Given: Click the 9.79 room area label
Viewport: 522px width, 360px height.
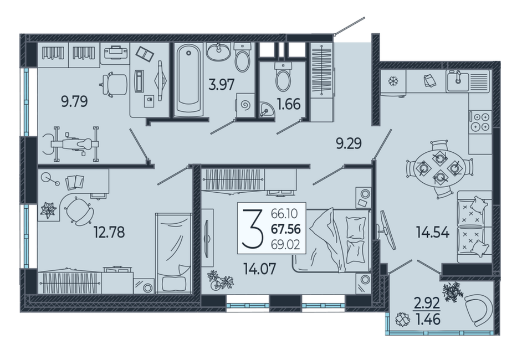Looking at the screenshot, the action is click(75, 101).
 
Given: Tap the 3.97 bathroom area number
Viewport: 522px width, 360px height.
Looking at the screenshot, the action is click(222, 85).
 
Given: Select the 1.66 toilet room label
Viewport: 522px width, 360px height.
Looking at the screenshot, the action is click(289, 104).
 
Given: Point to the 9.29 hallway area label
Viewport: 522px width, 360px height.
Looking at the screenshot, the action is click(349, 143).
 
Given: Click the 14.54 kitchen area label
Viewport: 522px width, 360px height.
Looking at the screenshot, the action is click(433, 232).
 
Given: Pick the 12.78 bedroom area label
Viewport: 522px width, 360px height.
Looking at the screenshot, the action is click(109, 232).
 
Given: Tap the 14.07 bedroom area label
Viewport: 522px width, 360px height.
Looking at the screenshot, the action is click(260, 269).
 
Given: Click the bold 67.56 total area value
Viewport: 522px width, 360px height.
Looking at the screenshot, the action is click(286, 229).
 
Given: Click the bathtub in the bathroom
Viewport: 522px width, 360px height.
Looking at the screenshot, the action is click(188, 80).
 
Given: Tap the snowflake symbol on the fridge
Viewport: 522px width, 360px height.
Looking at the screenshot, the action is click(393, 81).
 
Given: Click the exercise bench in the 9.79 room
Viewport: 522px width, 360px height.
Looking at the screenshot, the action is click(71, 144).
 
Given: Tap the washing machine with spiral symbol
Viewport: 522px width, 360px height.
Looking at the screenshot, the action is click(245, 105).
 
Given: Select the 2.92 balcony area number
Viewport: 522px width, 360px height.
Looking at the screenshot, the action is click(427, 303).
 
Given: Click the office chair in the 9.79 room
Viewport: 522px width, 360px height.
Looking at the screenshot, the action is click(115, 85).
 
